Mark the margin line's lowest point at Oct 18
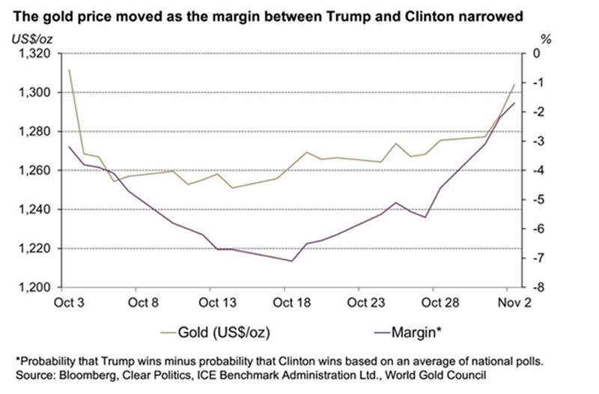(x=291, y=261)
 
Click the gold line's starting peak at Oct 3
(x=69, y=70)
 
